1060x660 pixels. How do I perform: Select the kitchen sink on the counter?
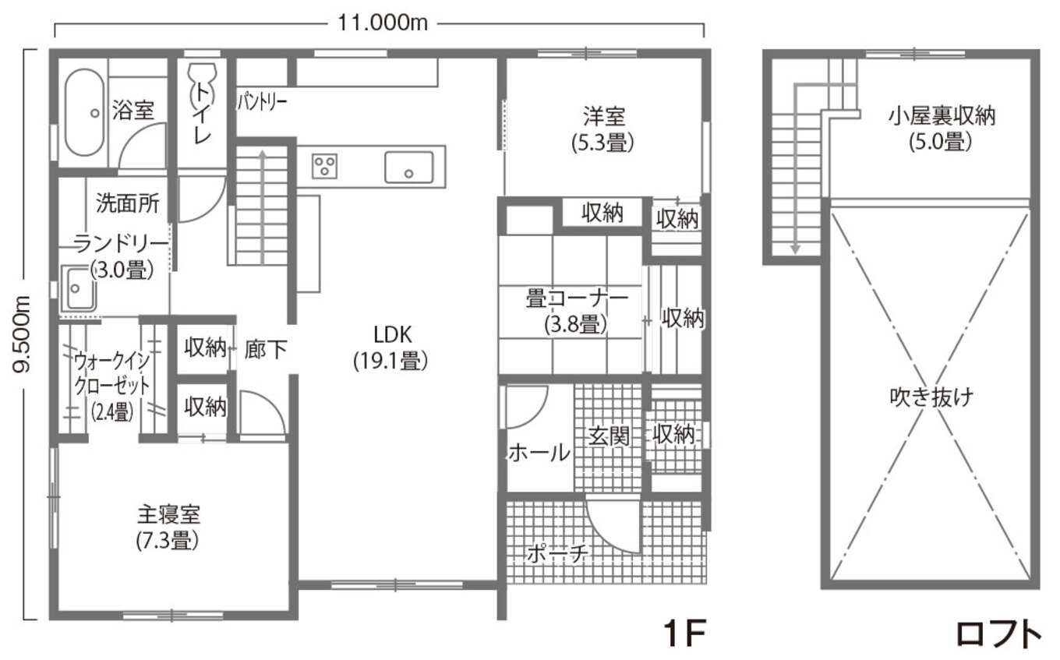[408, 167]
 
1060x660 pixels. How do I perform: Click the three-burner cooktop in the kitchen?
[325, 166]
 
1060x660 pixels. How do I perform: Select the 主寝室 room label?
[168, 527]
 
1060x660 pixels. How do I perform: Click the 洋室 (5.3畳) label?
[604, 129]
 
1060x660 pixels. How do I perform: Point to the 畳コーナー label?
[578, 309]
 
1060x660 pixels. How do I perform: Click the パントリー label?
[262, 102]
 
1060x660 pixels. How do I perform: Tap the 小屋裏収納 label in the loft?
[942, 129]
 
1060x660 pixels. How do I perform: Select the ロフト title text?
[998, 634]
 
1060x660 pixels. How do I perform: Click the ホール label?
[539, 452]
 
